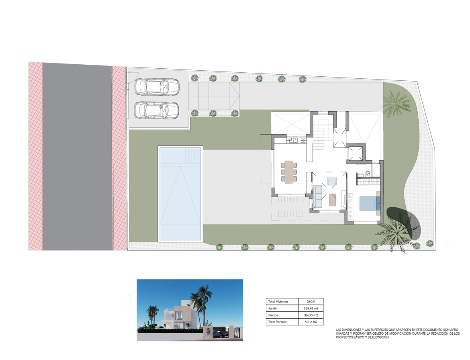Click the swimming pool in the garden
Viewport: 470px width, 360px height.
pos(180,194)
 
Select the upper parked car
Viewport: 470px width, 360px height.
pos(157,86)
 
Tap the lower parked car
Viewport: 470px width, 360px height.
pos(157,110)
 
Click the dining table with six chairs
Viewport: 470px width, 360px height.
pos(289,172)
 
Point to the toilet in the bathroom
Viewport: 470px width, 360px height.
pos(368,174)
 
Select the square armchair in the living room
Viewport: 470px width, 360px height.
pos(332,181)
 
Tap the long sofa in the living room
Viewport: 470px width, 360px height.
pos(317,196)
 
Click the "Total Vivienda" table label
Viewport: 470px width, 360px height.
pos(278,302)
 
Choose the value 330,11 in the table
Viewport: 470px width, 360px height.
pos(311,302)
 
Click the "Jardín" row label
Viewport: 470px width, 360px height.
pos(273,308)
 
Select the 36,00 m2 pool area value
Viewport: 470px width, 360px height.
pos(311,315)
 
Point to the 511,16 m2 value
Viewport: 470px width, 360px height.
pos(311,322)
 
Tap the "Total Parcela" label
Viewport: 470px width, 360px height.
pos(277,322)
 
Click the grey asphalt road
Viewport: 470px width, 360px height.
pos(78,157)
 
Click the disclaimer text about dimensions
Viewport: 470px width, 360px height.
pos(397,333)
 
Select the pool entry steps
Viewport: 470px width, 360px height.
pos(192,155)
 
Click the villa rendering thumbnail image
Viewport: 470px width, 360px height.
pos(190,310)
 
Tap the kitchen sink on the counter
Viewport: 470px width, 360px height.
pos(293,140)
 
